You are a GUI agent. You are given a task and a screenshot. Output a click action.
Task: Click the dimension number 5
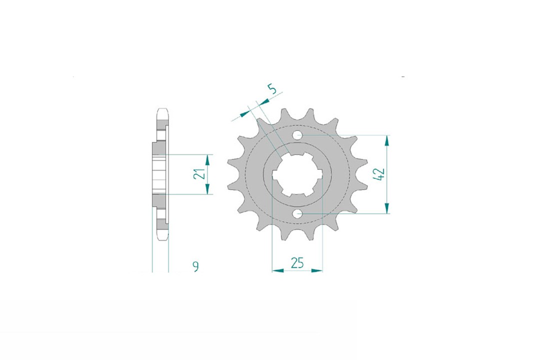(272, 89)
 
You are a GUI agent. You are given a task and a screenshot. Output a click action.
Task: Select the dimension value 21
(198, 174)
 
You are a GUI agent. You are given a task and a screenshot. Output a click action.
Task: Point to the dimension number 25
(297, 263)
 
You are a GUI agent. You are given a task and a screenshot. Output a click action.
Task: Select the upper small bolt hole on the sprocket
(297, 134)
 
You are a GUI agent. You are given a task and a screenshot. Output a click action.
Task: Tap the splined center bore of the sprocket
(297, 174)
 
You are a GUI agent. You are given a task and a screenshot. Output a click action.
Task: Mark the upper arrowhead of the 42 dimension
(386, 140)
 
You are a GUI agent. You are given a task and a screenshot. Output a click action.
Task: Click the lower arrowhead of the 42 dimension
(386, 208)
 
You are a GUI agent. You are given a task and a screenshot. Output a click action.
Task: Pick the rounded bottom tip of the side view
(162, 239)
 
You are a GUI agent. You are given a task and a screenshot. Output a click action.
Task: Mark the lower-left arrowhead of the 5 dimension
(244, 113)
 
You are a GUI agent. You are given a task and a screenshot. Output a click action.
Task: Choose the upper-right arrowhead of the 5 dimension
(263, 101)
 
